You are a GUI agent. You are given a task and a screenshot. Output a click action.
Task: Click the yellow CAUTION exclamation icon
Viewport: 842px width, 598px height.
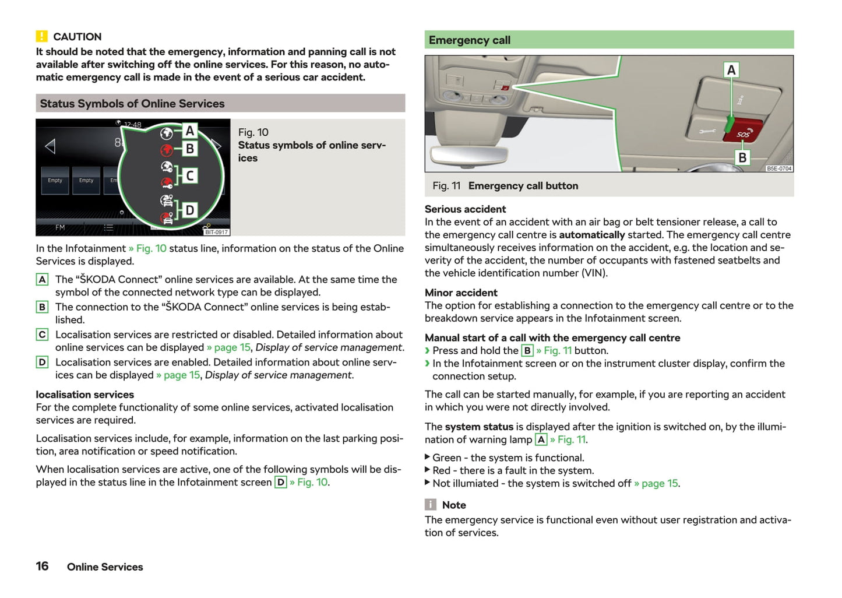pyautogui.click(x=41, y=36)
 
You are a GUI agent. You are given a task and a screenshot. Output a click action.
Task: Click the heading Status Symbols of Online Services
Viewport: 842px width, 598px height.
pyautogui.click(x=132, y=104)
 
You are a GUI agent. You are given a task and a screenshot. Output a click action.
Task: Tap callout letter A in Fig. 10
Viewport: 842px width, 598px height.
pyautogui.click(x=190, y=131)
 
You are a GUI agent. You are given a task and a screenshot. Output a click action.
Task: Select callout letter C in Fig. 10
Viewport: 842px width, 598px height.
pyautogui.click(x=190, y=175)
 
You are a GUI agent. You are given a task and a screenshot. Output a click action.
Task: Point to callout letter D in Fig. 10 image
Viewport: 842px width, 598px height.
pyautogui.click(x=190, y=210)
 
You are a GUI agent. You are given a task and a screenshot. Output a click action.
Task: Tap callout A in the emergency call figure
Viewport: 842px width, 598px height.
pyautogui.click(x=731, y=70)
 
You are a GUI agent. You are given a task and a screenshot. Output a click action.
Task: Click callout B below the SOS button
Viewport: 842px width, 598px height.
pyautogui.click(x=742, y=157)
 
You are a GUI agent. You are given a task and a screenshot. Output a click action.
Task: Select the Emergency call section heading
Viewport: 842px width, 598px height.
pyautogui.click(x=470, y=40)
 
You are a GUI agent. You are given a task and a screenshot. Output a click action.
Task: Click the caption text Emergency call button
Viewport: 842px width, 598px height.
pyautogui.click(x=523, y=186)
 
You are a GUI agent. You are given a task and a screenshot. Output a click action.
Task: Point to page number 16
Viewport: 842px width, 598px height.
pyautogui.click(x=42, y=566)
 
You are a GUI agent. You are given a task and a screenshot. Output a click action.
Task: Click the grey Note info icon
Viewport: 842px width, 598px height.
pyautogui.click(x=431, y=505)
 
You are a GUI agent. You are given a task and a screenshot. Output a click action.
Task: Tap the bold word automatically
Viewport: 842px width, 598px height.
pyautogui.click(x=591, y=235)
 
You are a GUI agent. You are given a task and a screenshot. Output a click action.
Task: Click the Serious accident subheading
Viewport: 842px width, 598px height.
pyautogui.click(x=465, y=209)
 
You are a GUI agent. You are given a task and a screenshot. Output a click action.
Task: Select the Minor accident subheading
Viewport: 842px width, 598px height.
pyautogui.click(x=461, y=293)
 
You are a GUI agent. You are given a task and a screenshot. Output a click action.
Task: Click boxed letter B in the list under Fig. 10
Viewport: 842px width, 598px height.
pyautogui.click(x=42, y=307)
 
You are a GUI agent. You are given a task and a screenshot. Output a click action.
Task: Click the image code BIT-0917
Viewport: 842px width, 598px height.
pyautogui.click(x=216, y=232)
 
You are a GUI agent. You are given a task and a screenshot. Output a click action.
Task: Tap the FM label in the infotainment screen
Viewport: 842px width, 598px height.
pyautogui.click(x=60, y=227)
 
